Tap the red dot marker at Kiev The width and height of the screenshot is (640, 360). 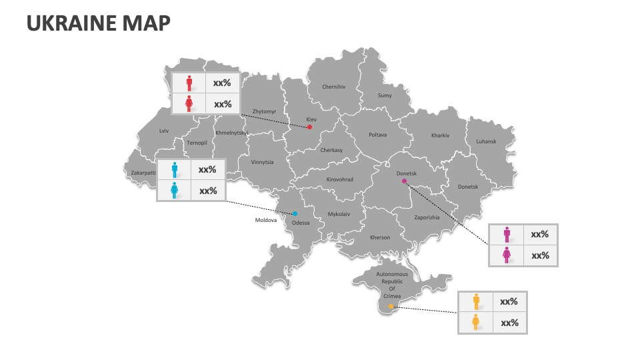pyautogui.click(x=309, y=127)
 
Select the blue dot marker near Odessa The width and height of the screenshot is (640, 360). pyautogui.click(x=295, y=214)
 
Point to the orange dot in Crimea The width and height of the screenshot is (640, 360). pyautogui.click(x=391, y=307)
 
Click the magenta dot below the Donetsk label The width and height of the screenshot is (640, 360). pyautogui.click(x=404, y=181)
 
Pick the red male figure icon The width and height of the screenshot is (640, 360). pyautogui.click(x=189, y=83)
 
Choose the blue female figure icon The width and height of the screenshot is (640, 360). pyautogui.click(x=175, y=191)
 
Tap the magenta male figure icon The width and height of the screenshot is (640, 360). pyautogui.click(x=507, y=234)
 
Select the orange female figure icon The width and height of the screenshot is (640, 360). pyautogui.click(x=476, y=323)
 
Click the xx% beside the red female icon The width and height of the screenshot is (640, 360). pyautogui.click(x=222, y=104)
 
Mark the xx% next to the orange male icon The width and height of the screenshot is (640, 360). pyautogui.click(x=509, y=301)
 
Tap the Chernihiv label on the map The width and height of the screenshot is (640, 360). pyautogui.click(x=333, y=87)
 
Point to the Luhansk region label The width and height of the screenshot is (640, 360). pyautogui.click(x=486, y=141)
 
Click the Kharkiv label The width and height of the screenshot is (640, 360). pyautogui.click(x=440, y=135)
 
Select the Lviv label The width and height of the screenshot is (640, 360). pyautogui.click(x=164, y=131)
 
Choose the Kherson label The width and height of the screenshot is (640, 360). pyautogui.click(x=380, y=237)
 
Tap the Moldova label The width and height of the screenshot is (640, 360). pyautogui.click(x=265, y=220)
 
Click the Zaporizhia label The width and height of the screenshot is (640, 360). pyautogui.click(x=427, y=217)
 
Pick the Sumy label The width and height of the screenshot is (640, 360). pyautogui.click(x=385, y=95)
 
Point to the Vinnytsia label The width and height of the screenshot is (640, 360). pyautogui.click(x=262, y=162)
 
